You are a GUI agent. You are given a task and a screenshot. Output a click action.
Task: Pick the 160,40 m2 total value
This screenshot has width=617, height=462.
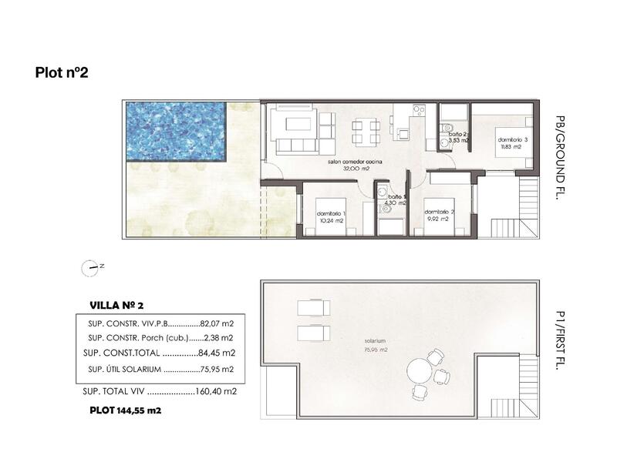(217, 391)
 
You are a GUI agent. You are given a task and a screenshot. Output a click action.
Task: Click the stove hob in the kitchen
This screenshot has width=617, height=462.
(418, 111)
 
